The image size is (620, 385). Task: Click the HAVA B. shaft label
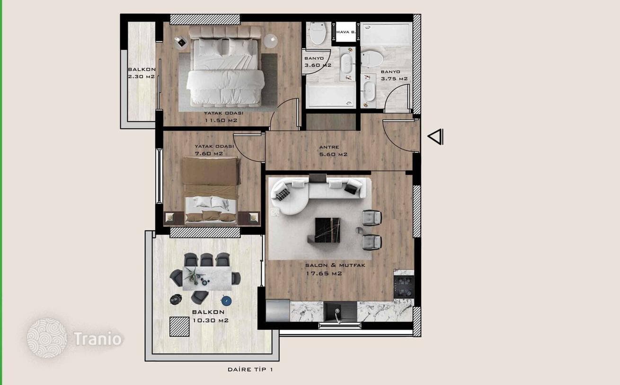[345, 32]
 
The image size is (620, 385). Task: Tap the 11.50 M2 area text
[221, 120]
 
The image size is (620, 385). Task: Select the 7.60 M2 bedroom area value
[209, 153]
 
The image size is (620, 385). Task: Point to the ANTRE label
[329, 147]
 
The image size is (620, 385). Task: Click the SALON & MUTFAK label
[335, 265]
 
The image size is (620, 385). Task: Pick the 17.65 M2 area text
[324, 273]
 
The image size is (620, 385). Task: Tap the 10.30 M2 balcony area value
[211, 321]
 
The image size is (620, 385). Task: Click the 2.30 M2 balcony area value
[141, 76]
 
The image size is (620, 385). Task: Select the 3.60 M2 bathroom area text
[318, 65]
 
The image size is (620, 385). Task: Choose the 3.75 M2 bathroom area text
[394, 79]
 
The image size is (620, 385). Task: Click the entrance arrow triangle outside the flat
[435, 137]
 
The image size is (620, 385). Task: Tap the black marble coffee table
[327, 230]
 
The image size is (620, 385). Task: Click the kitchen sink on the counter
[340, 311]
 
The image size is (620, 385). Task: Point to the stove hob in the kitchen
[404, 287]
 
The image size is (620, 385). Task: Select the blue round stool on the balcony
[226, 301]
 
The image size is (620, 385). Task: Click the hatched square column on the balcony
[179, 327]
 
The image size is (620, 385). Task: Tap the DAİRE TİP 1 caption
[250, 369]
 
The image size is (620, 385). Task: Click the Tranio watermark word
[97, 339]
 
